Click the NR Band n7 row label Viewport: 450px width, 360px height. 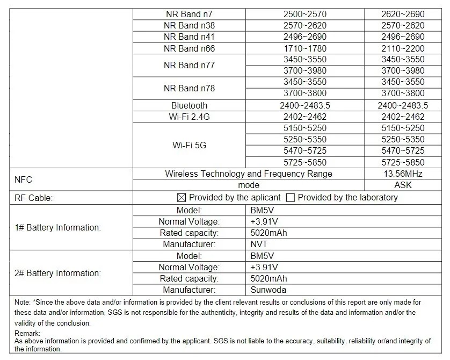coord(189,14)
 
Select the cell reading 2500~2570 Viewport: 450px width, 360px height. coord(304,14)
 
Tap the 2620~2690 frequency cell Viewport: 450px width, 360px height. coord(403,14)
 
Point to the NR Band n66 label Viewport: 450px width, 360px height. coord(189,48)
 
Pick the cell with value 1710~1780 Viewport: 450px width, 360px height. coord(304,48)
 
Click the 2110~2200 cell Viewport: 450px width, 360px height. coord(403,48)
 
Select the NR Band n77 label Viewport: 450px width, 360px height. coord(189,65)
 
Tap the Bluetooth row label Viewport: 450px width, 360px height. coord(189,105)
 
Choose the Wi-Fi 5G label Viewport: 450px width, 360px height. coord(189,145)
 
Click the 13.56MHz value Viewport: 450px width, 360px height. coord(403,174)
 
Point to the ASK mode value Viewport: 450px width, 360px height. coord(403,185)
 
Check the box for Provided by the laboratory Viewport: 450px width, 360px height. coord(291,198)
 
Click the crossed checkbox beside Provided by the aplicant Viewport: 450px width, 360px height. coord(182,198)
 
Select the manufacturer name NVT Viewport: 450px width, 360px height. coord(259,244)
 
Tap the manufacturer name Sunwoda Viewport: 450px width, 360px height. coord(267,290)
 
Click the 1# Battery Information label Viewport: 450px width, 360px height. coord(57,227)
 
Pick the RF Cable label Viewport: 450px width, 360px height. coord(33,198)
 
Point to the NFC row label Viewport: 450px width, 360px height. coord(23,179)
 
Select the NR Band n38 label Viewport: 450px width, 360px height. coord(189,25)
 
